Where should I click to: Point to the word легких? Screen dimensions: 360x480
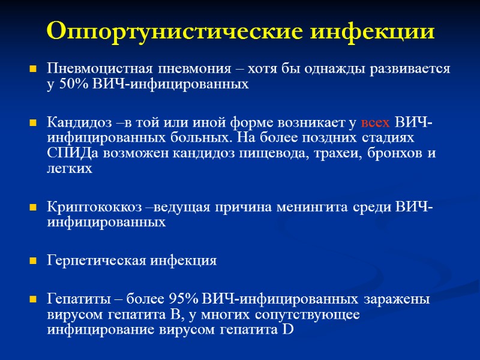point(70,169)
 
